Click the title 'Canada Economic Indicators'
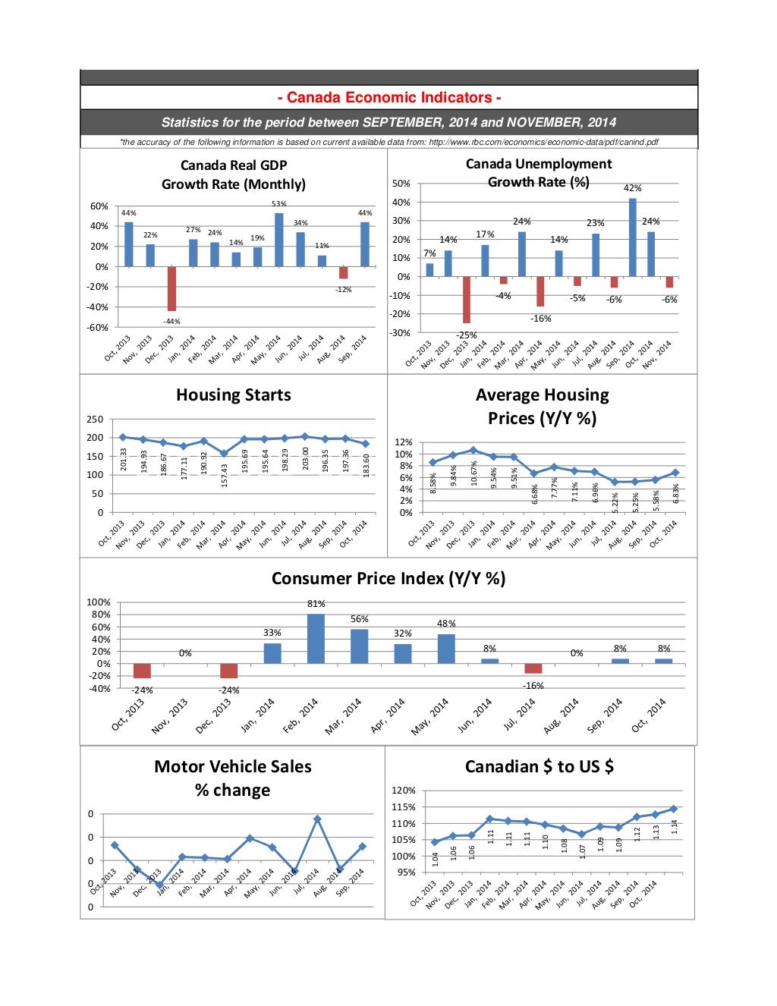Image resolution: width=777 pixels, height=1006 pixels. pyautogui.click(x=388, y=97)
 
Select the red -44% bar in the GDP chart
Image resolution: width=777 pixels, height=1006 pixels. pyautogui.click(x=171, y=288)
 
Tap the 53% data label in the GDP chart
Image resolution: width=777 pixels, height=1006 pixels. pyautogui.click(x=278, y=203)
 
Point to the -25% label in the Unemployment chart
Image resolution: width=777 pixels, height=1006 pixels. pyautogui.click(x=466, y=335)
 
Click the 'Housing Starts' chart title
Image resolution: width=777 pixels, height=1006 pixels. pyautogui.click(x=233, y=395)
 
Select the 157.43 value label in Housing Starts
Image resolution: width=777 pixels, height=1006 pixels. pyautogui.click(x=224, y=476)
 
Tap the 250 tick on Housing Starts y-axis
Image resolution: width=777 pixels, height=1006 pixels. pyautogui.click(x=95, y=420)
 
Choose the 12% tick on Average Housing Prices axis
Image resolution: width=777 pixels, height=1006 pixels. pyautogui.click(x=404, y=442)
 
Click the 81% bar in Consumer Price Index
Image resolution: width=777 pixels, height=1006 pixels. pyautogui.click(x=316, y=639)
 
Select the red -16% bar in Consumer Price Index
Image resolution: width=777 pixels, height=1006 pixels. pyautogui.click(x=533, y=668)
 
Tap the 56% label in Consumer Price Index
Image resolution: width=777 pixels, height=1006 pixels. pyautogui.click(x=359, y=619)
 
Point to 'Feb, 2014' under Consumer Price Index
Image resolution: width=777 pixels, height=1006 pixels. pyautogui.click(x=300, y=716)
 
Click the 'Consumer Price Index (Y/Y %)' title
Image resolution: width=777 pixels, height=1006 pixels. pyautogui.click(x=388, y=578)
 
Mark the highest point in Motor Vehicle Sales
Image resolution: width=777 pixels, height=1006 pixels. pyautogui.click(x=317, y=819)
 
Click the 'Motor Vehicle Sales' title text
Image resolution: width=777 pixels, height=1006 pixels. pyautogui.click(x=232, y=766)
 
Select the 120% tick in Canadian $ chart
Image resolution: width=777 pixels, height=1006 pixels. pyautogui.click(x=403, y=791)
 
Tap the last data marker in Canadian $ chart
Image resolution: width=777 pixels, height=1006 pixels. pyautogui.click(x=673, y=809)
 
